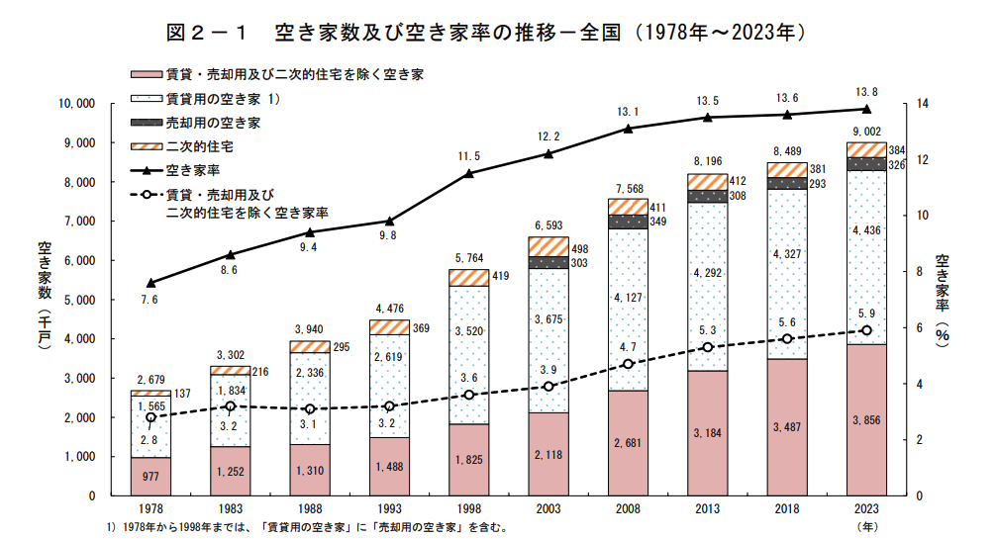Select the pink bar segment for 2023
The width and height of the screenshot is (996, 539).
(x=866, y=419)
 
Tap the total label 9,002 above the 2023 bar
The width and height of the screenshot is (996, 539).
(x=865, y=132)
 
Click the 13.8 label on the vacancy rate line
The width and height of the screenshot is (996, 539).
(x=865, y=92)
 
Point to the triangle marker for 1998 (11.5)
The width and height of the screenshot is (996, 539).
(x=468, y=173)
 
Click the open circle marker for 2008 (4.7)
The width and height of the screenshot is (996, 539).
(x=628, y=364)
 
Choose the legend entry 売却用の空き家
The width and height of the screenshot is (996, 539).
(x=212, y=123)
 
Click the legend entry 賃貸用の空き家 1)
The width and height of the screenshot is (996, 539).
(x=224, y=99)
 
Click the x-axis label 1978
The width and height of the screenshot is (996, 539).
(x=150, y=508)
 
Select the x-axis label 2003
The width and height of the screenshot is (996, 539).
(x=548, y=508)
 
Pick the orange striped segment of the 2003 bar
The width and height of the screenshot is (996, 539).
(x=548, y=246)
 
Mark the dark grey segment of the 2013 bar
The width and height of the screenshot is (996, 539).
(x=707, y=196)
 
